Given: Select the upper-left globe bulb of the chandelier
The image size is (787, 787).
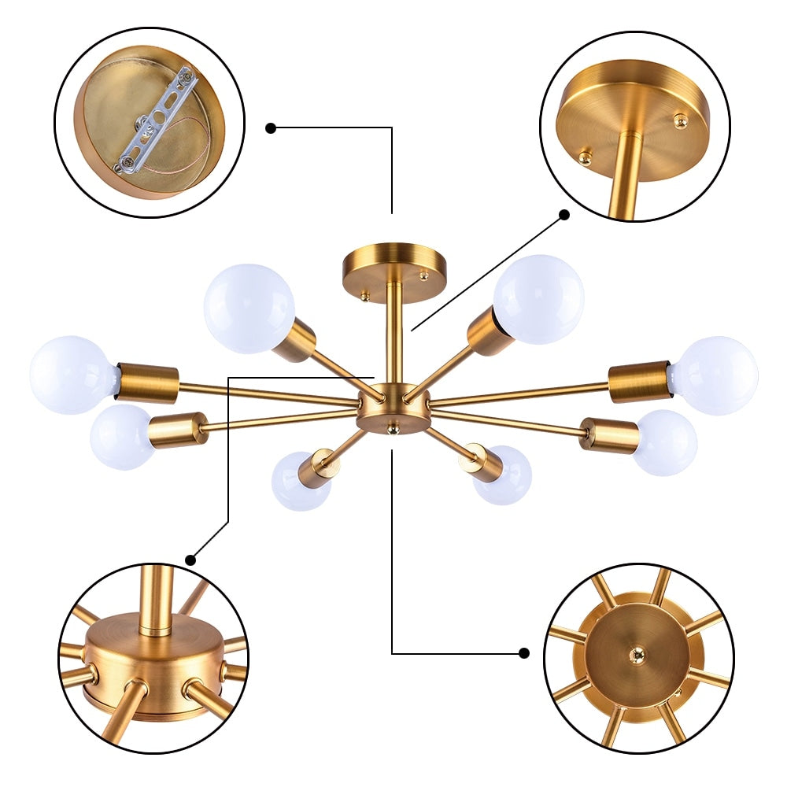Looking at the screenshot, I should pyautogui.click(x=249, y=308).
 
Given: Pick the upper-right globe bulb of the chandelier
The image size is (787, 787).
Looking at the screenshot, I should pyautogui.click(x=539, y=299).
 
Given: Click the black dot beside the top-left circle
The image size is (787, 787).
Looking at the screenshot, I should pyautogui.click(x=271, y=127).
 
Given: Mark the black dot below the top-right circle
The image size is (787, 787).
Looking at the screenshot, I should pyautogui.click(x=564, y=214).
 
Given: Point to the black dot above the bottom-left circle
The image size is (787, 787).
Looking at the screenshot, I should pyautogui.click(x=190, y=560).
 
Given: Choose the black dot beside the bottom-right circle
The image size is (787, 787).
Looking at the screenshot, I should pyautogui.click(x=525, y=652).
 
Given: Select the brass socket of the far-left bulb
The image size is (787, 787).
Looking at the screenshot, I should pyautogui.click(x=147, y=383).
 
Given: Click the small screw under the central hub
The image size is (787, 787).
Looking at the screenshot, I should pyautogui.click(x=393, y=428).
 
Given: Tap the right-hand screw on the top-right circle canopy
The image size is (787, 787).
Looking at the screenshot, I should pyautogui.click(x=679, y=120).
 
